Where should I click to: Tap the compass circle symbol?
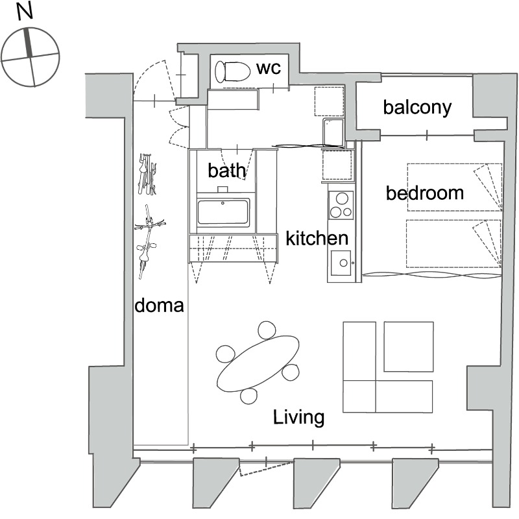pyautogui.click(x=30, y=56)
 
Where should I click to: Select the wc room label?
pyautogui.click(x=268, y=68)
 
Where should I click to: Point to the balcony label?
pyautogui.click(x=416, y=107)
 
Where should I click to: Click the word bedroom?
pyautogui.click(x=425, y=193)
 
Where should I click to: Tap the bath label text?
pyautogui.click(x=227, y=171)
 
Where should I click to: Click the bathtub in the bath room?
pyautogui.click(x=223, y=212)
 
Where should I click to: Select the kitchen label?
pyautogui.click(x=317, y=238)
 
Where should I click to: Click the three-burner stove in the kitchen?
pyautogui.click(x=340, y=204)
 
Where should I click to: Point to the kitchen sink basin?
pyautogui.click(x=340, y=263)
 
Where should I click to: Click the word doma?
pyautogui.click(x=160, y=305)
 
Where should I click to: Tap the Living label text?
pyautogui.click(x=298, y=417)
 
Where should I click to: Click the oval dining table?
pyautogui.click(x=258, y=363)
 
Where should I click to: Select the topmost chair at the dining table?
pyautogui.click(x=267, y=331)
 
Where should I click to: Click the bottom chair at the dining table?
pyautogui.click(x=250, y=395)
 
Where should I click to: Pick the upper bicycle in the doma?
pyautogui.click(x=148, y=174)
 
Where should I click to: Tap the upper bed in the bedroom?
pyautogui.click(x=454, y=187)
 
